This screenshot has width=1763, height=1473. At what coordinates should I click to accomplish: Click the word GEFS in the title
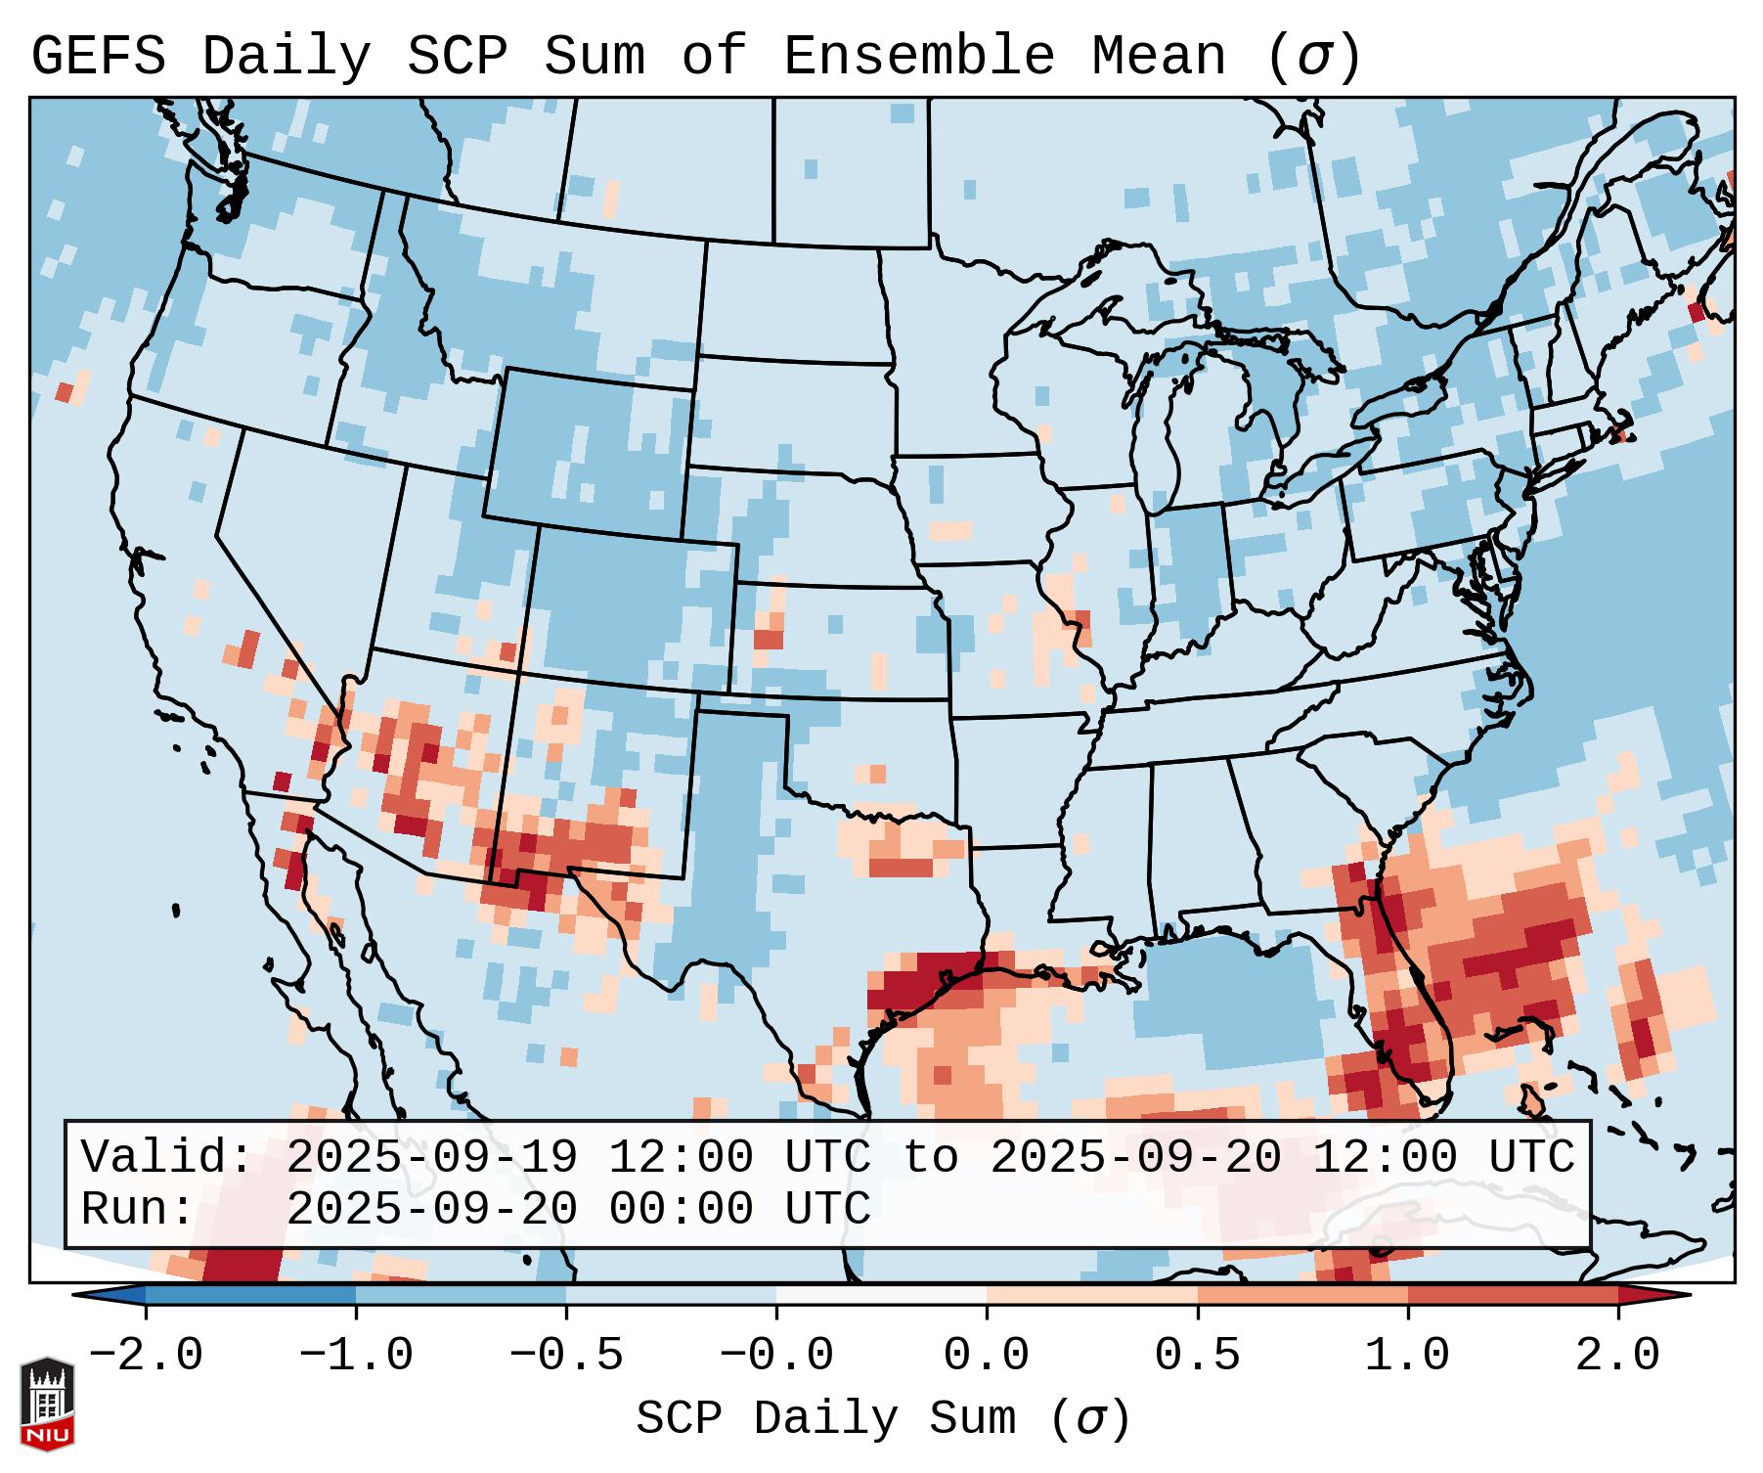[98, 57]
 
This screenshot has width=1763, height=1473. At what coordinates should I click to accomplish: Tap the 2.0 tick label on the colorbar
[1617, 1356]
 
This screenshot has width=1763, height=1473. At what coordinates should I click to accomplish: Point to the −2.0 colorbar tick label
[146, 1356]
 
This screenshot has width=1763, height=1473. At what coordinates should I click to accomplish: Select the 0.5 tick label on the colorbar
[1197, 1356]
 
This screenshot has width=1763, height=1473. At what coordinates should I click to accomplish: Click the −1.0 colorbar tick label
[356, 1356]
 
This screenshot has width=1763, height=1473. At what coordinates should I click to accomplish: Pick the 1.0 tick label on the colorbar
[1407, 1356]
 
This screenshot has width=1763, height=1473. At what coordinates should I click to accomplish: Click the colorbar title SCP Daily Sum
[826, 1418]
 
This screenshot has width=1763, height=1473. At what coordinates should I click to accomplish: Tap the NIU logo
[47, 1404]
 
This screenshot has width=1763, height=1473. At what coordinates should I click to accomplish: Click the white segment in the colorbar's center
[881, 1295]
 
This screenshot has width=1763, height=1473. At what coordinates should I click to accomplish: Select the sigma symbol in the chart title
[1313, 57]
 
